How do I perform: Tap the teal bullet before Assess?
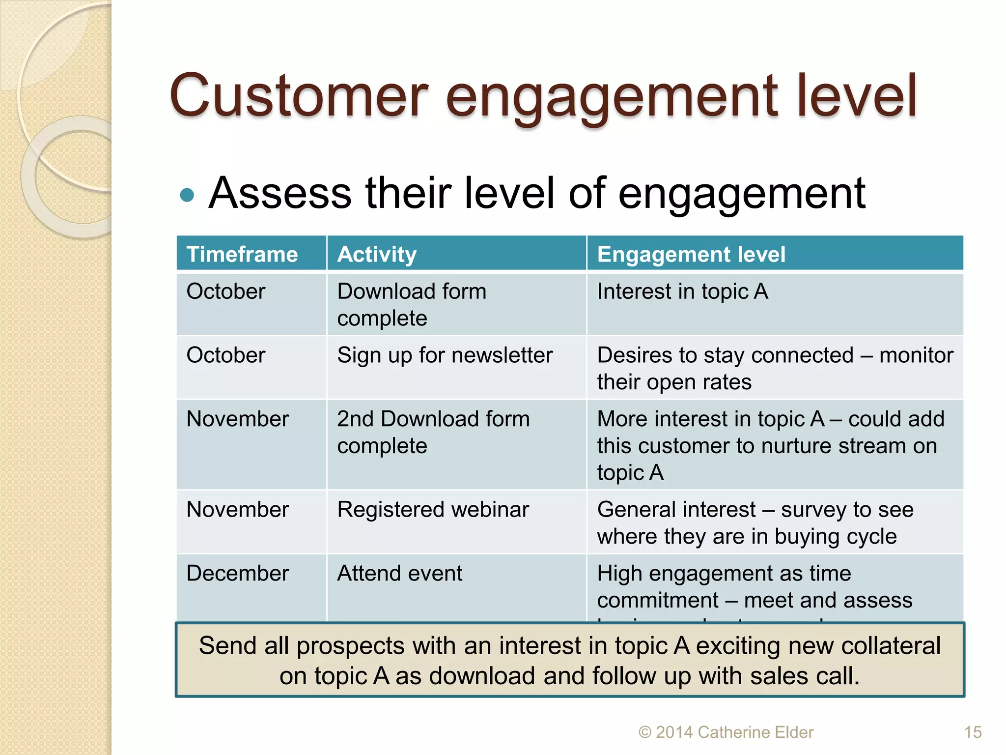click(x=187, y=195)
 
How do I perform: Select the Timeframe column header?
click(x=242, y=255)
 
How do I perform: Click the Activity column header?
click(x=377, y=255)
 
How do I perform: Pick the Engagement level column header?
click(x=691, y=255)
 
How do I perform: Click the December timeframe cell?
click(x=238, y=574)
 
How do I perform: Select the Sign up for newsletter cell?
click(x=445, y=355)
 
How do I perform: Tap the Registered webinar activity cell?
click(x=433, y=510)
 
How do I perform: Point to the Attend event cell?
click(x=399, y=574)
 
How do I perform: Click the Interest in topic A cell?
click(x=682, y=291)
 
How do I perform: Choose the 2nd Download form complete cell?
click(x=433, y=433)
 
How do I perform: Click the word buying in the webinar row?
click(x=806, y=537)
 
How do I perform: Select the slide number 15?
click(x=973, y=732)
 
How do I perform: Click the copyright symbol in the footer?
click(x=644, y=733)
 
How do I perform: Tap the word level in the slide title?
click(x=856, y=96)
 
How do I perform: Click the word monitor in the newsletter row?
click(x=916, y=355)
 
